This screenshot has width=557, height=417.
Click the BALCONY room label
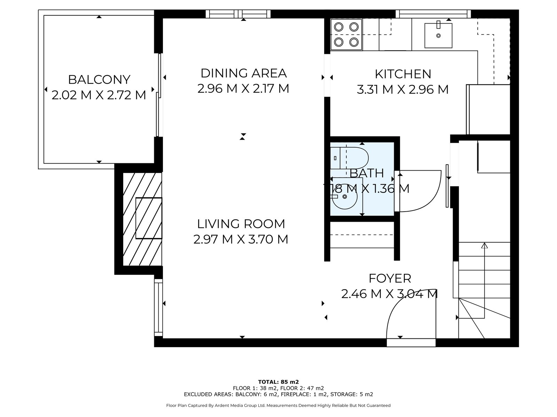[99, 80]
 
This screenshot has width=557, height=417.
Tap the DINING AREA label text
[244, 73]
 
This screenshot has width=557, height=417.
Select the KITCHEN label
[403, 74]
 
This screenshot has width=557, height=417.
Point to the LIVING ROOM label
[241, 224]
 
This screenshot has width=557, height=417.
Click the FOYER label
[390, 278]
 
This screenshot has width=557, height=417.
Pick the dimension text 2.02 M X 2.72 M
[99, 95]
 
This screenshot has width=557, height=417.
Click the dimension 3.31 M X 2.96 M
[403, 90]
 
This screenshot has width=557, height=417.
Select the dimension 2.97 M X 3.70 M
[241, 239]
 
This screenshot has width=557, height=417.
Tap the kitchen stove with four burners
[346, 34]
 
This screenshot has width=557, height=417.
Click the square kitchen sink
[438, 35]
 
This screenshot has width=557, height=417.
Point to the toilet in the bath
[350, 158]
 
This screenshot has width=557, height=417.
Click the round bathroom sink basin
[345, 196]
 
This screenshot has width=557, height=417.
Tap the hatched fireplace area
[142, 219]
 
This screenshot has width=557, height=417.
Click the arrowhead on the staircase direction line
[485, 245]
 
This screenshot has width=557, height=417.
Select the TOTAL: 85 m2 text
[278, 382]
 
